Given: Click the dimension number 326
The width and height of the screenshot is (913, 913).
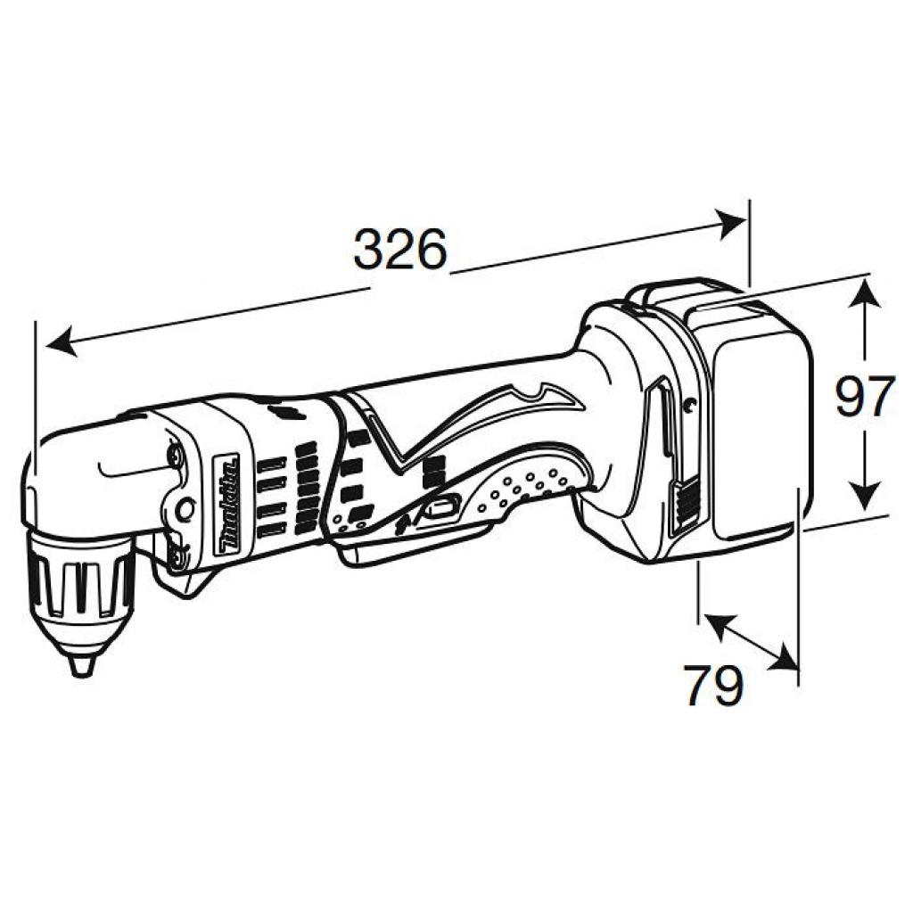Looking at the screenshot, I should coord(399,251).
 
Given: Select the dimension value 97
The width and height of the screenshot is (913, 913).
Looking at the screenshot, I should coord(864,397).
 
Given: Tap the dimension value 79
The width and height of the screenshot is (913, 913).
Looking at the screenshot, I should coord(714,686).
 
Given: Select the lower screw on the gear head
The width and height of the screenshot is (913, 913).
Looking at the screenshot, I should coord(175,556).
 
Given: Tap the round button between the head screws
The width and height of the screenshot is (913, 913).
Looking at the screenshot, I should coord(185,508).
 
